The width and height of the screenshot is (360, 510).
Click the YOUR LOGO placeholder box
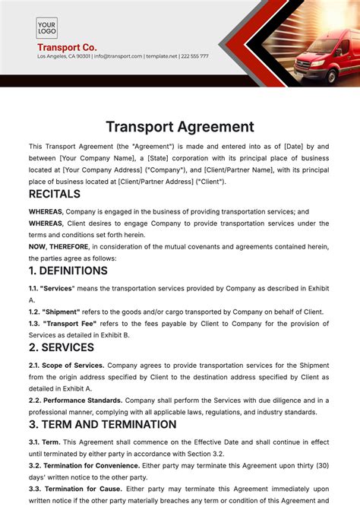tap(47, 28)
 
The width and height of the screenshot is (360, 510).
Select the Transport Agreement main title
tap(179, 127)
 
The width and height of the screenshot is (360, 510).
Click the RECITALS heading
tap(55, 194)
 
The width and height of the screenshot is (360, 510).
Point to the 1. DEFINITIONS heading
tap(68, 271)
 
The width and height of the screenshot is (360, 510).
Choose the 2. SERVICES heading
tap(62, 347)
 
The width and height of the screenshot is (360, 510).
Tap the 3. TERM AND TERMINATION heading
tap(103, 424)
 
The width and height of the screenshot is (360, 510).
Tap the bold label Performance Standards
tap(83, 400)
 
